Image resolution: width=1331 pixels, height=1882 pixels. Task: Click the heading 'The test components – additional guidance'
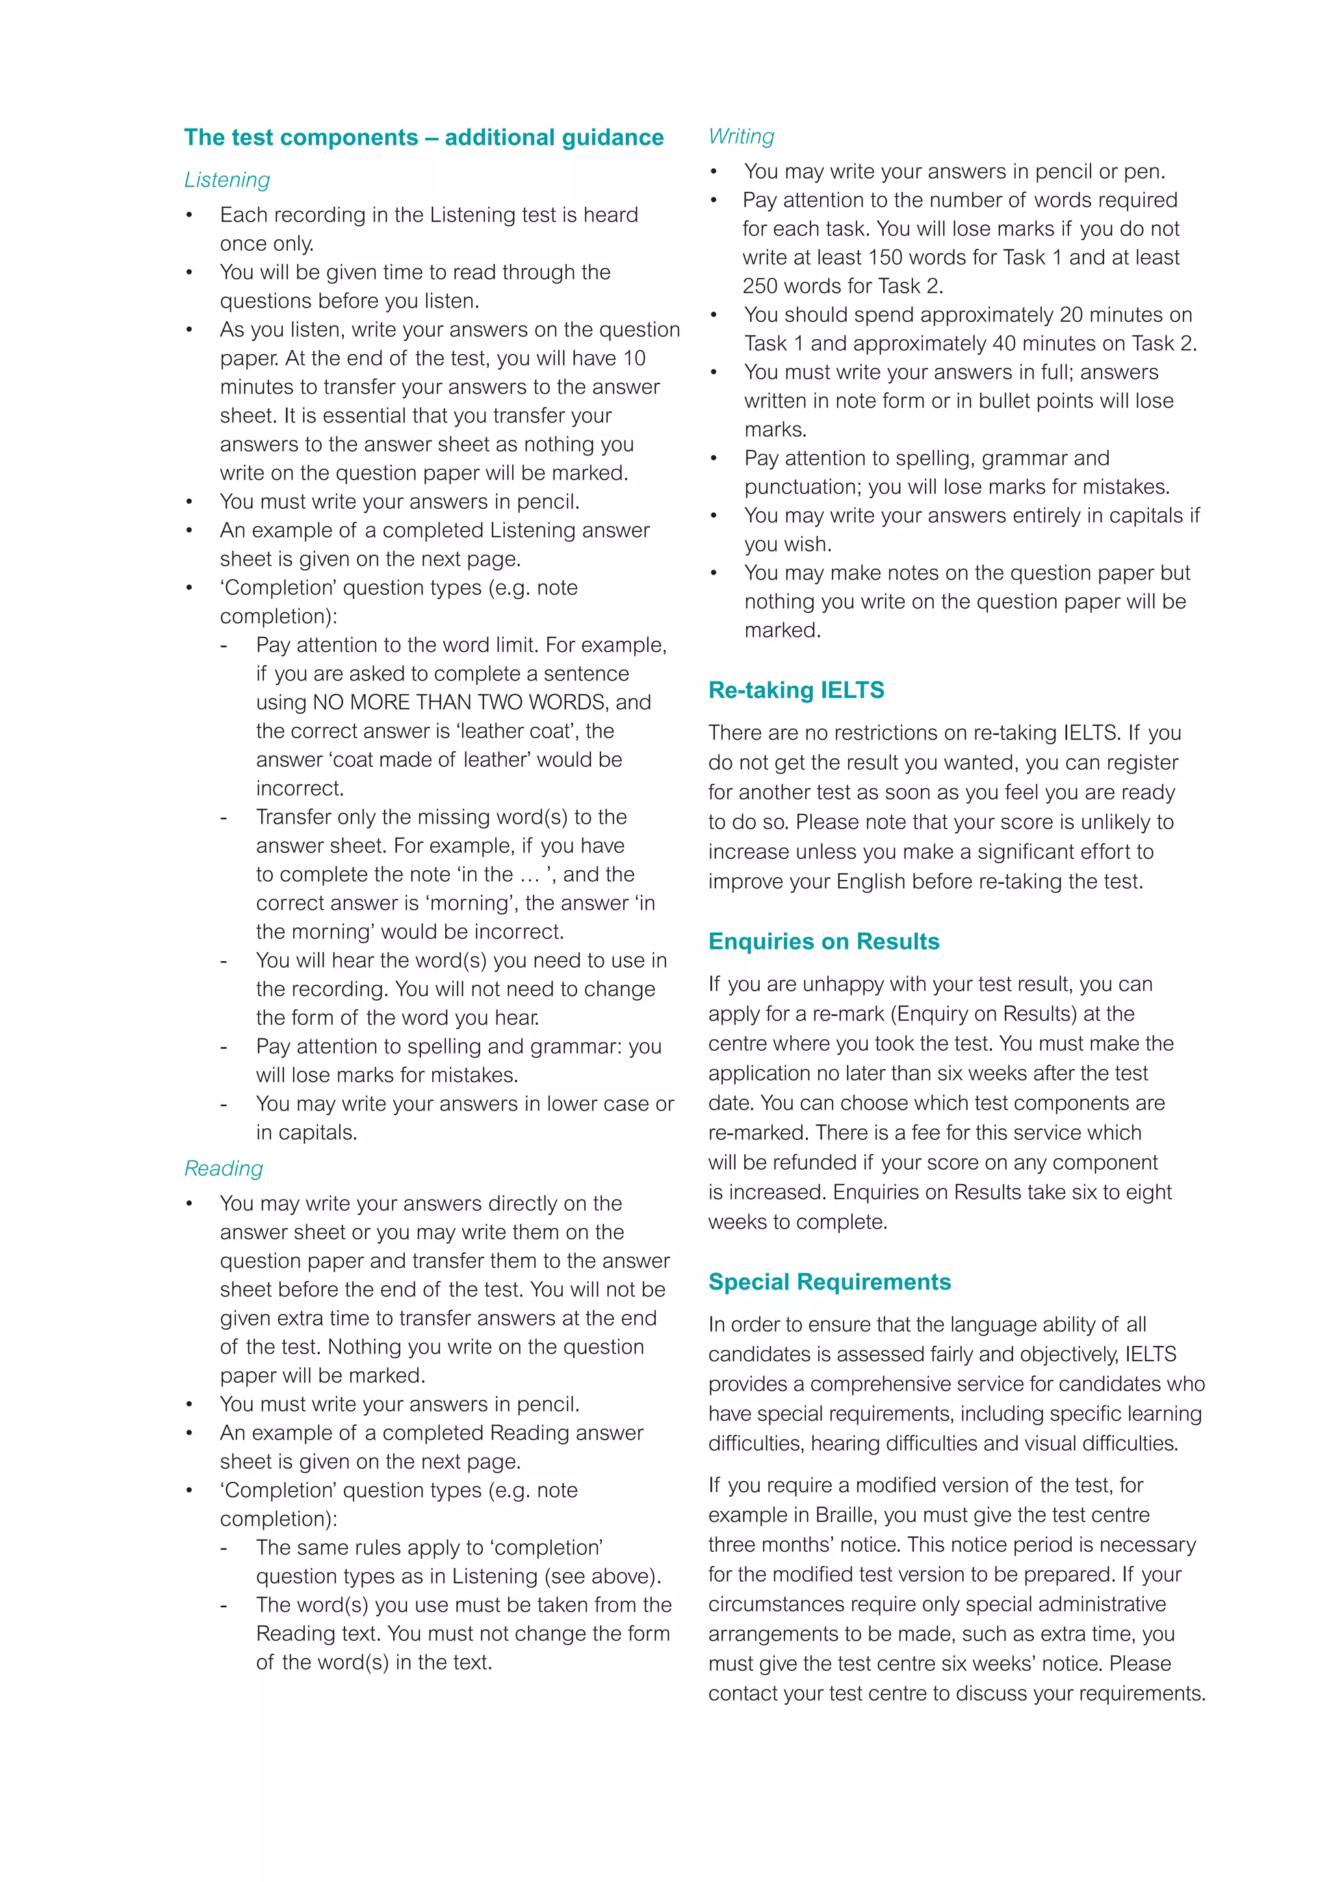pos(424,137)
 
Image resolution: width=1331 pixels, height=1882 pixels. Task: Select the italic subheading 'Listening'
pos(227,179)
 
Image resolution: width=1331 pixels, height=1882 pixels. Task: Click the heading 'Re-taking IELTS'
pos(796,690)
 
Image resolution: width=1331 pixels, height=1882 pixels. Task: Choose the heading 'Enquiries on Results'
pos(823,941)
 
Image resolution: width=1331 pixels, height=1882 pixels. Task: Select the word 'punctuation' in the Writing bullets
pos(803,487)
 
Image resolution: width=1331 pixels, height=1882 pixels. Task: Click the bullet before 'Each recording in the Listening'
pos(189,216)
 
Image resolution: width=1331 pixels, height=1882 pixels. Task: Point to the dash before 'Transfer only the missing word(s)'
pos(223,818)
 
